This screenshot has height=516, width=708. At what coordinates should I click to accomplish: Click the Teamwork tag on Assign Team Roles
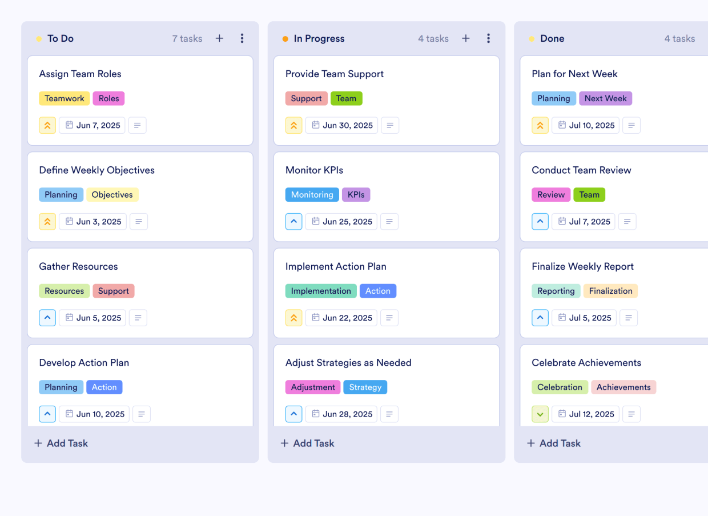(64, 98)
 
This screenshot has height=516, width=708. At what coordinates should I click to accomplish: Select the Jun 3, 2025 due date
(93, 222)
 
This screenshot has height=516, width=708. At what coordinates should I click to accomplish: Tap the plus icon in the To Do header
(219, 38)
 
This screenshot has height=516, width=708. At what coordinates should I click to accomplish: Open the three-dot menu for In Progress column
(488, 38)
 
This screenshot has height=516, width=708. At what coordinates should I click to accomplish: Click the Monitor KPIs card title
(314, 170)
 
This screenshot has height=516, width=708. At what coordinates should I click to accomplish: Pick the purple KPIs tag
(356, 195)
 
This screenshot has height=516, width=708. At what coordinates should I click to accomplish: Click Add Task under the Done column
(553, 443)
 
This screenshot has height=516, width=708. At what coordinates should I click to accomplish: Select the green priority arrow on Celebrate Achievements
(540, 414)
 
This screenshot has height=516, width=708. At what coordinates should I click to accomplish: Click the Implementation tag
(321, 291)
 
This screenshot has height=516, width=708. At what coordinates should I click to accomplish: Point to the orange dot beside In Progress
(285, 39)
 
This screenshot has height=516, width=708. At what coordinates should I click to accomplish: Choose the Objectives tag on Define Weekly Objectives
(112, 195)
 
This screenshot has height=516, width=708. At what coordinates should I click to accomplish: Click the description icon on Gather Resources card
(138, 318)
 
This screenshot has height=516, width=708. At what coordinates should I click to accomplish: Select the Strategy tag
(365, 387)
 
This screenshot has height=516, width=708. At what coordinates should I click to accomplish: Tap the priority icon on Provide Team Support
(293, 126)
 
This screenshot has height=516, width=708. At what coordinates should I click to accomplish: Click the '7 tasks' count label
(187, 39)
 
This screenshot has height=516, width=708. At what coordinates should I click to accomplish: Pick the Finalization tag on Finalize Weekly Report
(610, 291)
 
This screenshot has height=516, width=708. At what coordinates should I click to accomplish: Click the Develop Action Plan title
(84, 363)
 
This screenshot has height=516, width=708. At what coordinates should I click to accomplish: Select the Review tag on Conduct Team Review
(550, 195)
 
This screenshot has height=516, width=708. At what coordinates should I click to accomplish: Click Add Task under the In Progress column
(307, 443)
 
